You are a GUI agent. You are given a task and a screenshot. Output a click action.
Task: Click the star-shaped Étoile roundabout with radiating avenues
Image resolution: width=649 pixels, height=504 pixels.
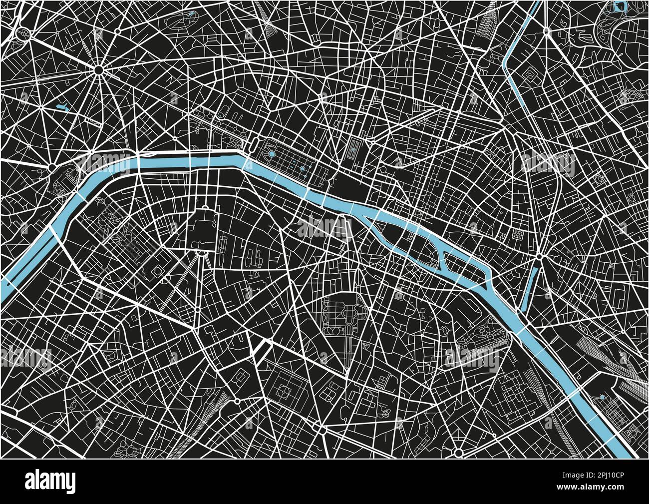99,71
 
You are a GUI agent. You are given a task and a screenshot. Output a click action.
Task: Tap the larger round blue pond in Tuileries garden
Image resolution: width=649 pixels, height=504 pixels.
271,154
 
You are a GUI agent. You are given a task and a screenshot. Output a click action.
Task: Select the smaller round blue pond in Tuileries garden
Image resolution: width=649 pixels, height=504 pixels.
302,169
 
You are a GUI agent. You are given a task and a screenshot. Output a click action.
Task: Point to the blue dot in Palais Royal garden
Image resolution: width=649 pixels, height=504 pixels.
353,149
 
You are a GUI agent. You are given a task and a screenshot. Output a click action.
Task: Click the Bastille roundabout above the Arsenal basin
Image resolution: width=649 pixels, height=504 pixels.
540,257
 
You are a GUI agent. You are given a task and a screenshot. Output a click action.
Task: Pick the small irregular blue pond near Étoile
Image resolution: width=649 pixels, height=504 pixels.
62,106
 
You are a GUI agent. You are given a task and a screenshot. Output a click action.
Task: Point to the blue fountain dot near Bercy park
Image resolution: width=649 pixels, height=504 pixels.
602,397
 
